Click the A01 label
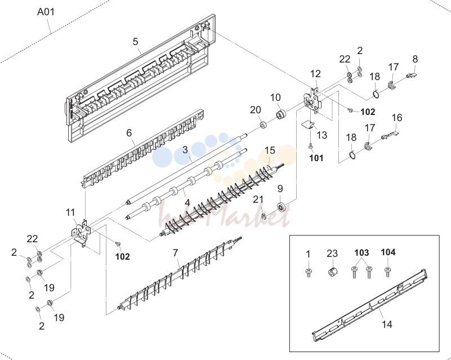click(46, 12)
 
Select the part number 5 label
click(136, 42)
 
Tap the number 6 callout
click(129, 133)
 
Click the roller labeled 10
click(281, 114)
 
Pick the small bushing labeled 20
click(263, 126)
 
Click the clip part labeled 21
click(264, 216)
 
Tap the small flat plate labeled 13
click(307, 124)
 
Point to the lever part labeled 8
click(412, 75)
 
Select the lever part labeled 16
click(390, 135)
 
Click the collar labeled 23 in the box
click(332, 271)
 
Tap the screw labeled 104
click(388, 272)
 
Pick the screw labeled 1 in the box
click(309, 272)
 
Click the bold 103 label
click(361, 252)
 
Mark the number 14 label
click(387, 325)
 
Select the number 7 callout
click(176, 253)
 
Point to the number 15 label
click(270, 150)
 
